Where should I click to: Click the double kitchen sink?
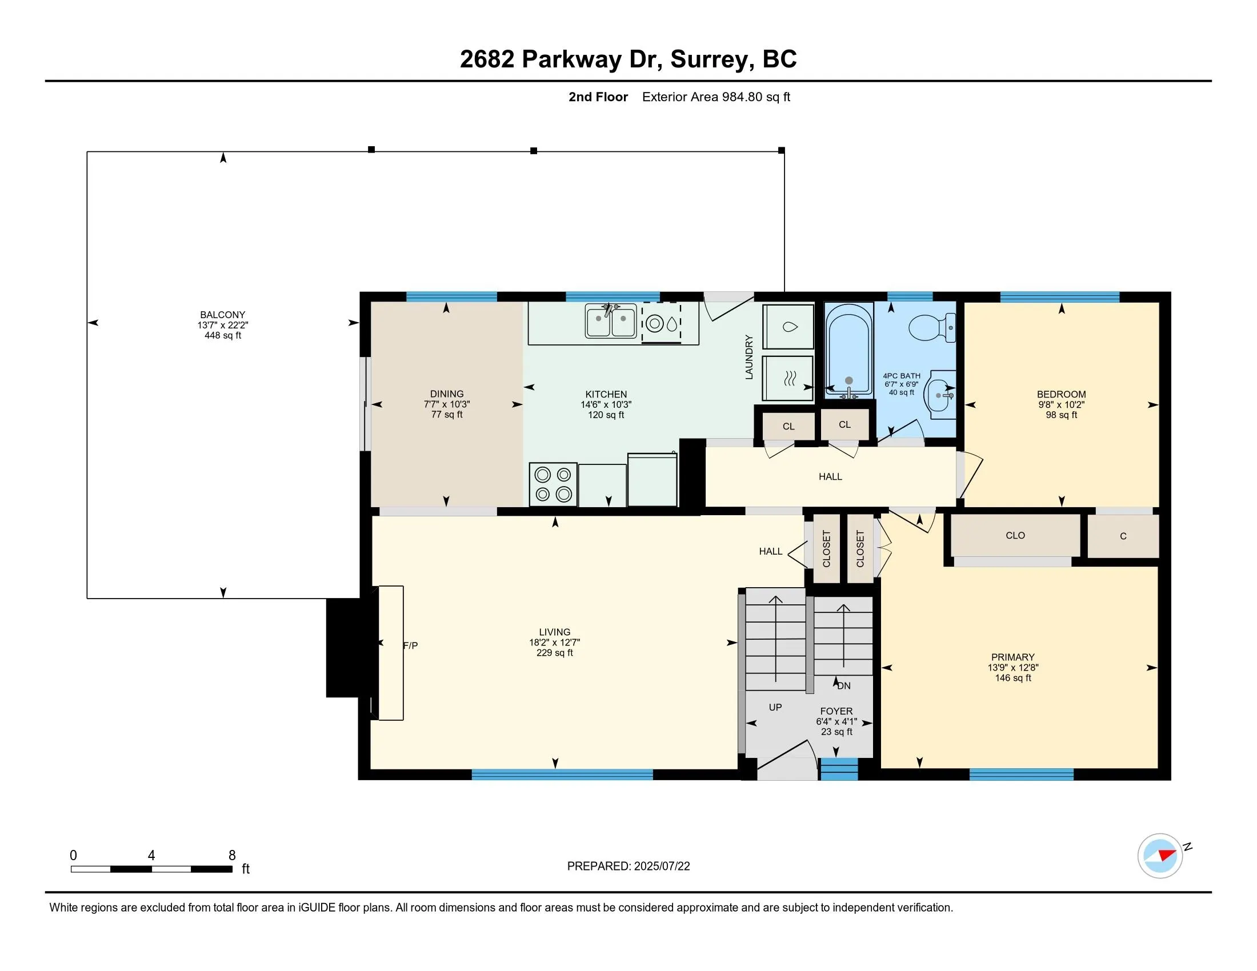pyautogui.click(x=611, y=321)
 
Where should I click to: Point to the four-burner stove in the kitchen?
pyautogui.click(x=553, y=484)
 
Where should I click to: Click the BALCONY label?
pyautogui.click(x=223, y=315)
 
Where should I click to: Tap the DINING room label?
pyautogui.click(x=447, y=394)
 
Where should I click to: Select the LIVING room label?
pyautogui.click(x=555, y=632)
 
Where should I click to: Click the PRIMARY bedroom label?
pyautogui.click(x=1013, y=657)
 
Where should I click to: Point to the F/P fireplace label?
pyautogui.click(x=410, y=645)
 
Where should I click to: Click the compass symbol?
pyautogui.click(x=1160, y=856)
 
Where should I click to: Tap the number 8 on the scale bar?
pyautogui.click(x=232, y=855)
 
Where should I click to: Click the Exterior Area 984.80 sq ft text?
pyautogui.click(x=716, y=97)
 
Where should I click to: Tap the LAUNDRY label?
pyautogui.click(x=749, y=357)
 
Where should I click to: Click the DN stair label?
pyautogui.click(x=844, y=685)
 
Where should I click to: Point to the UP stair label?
pyautogui.click(x=775, y=707)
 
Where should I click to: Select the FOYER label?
pyautogui.click(x=836, y=711)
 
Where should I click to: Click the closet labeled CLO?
pyautogui.click(x=1015, y=536)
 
